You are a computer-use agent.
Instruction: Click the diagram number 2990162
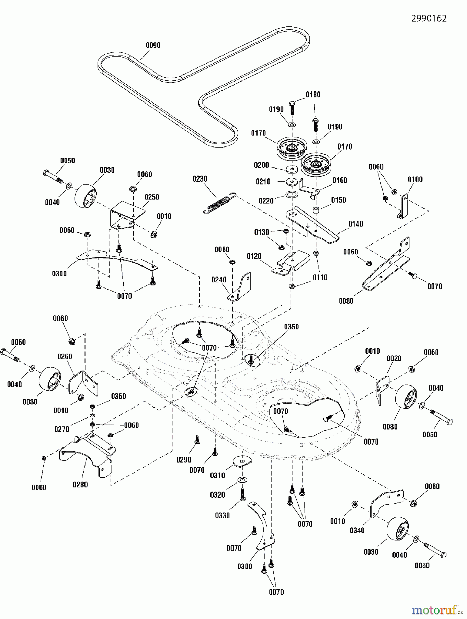pyautogui.click(x=429, y=19)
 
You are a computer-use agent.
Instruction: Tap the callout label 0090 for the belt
pyautogui.click(x=153, y=45)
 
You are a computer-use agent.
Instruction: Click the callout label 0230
pyautogui.click(x=200, y=179)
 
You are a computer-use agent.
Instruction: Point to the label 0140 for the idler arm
pyautogui.click(x=356, y=224)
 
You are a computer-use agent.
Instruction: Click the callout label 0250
pyautogui.click(x=152, y=197)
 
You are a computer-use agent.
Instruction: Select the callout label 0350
pyautogui.click(x=291, y=327)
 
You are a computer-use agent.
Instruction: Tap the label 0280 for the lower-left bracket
pyautogui.click(x=80, y=485)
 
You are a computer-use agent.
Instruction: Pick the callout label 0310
pyautogui.click(x=218, y=475)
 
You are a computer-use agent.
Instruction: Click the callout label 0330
pyautogui.click(x=222, y=515)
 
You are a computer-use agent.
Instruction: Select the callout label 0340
pyautogui.click(x=357, y=531)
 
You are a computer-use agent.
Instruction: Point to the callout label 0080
pyautogui.click(x=346, y=301)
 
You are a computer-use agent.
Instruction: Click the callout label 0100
pyautogui.click(x=415, y=180)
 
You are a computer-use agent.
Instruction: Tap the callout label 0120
pyautogui.click(x=254, y=256)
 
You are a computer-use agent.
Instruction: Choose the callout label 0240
pyautogui.click(x=219, y=280)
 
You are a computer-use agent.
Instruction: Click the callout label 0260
pyautogui.click(x=65, y=356)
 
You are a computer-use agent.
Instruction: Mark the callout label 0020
pyautogui.click(x=394, y=358)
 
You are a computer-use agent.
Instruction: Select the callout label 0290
pyautogui.click(x=184, y=460)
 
